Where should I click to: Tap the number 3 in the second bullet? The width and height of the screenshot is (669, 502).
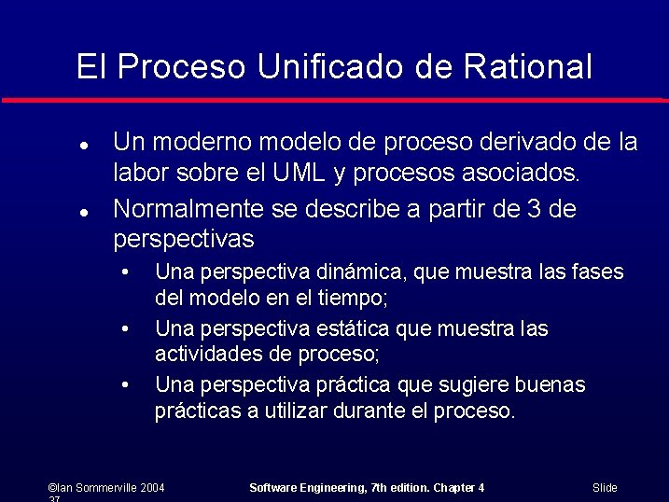pyautogui.click(x=535, y=209)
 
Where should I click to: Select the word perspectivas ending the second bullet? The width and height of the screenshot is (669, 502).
pyautogui.click(x=183, y=240)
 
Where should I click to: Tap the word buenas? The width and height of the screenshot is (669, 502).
pyautogui.click(x=551, y=384)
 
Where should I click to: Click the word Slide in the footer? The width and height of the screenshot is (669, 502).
pyautogui.click(x=605, y=488)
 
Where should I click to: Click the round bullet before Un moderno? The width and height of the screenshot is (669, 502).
pyautogui.click(x=83, y=146)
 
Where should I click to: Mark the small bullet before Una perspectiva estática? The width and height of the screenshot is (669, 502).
pyautogui.click(x=123, y=329)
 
